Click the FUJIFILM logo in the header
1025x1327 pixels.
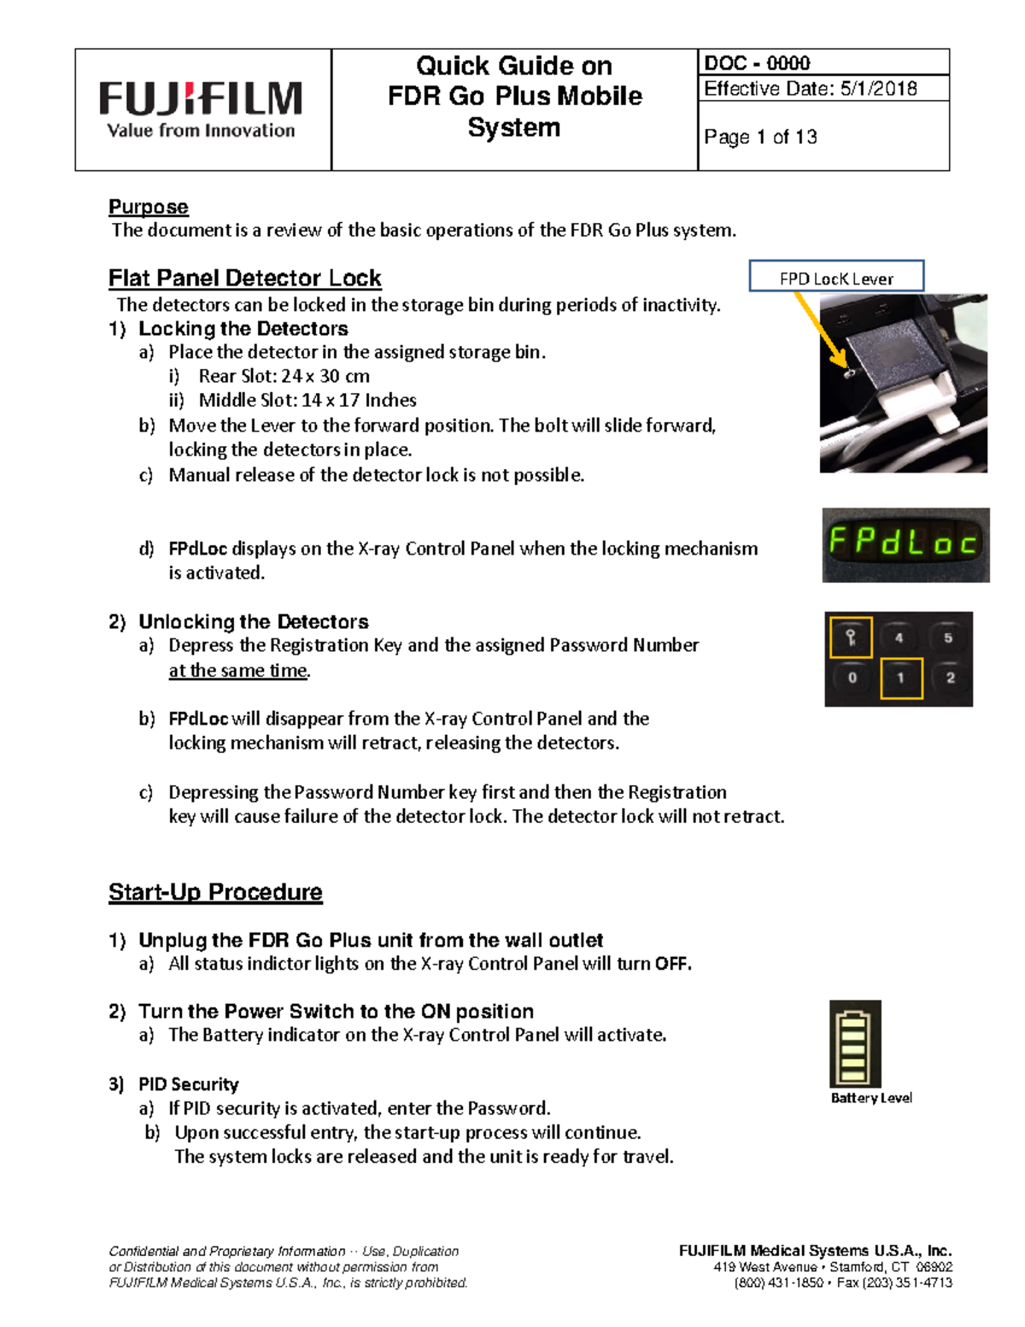(x=201, y=109)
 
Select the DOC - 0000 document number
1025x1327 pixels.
(x=757, y=63)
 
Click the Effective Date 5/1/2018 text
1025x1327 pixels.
(x=810, y=89)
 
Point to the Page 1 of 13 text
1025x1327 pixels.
(x=760, y=137)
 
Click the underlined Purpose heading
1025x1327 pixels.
(x=149, y=207)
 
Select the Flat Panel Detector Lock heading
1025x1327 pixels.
(x=244, y=279)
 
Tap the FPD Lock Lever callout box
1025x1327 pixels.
(x=836, y=278)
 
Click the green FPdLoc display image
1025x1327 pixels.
(x=905, y=545)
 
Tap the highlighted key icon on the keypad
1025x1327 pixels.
(x=851, y=637)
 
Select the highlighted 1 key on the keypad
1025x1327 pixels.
(x=901, y=678)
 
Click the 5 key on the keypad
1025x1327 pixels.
(x=948, y=637)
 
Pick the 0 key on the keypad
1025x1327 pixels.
(x=852, y=678)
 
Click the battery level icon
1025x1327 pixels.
(x=855, y=1044)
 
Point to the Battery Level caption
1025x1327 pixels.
(x=871, y=1098)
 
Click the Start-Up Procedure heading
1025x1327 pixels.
(x=215, y=892)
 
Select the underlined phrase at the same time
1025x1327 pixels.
(x=238, y=671)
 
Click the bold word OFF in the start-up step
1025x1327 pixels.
(x=672, y=964)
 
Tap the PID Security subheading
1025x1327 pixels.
(x=188, y=1084)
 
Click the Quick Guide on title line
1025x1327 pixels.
(x=514, y=66)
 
